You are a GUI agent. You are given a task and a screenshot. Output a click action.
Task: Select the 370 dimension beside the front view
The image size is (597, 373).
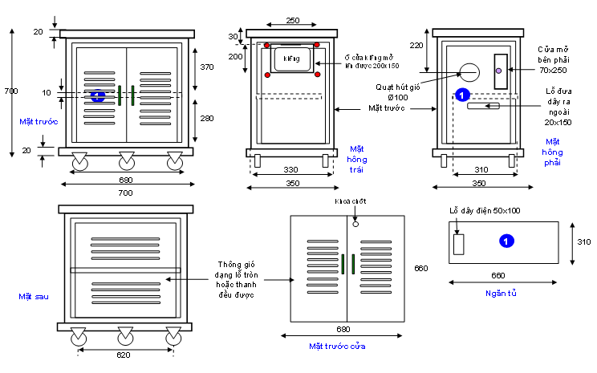point(207,67)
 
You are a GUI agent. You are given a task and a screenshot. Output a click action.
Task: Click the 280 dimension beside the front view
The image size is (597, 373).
point(207,119)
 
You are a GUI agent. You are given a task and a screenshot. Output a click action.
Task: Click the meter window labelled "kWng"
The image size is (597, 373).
point(291,59)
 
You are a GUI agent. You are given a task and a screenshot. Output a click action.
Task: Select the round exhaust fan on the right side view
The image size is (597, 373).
point(468,72)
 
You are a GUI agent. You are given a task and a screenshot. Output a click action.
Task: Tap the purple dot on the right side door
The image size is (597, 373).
point(499,71)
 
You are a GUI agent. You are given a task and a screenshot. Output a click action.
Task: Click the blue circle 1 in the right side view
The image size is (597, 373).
point(461,95)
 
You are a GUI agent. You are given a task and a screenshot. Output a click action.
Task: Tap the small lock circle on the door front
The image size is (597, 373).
point(355,224)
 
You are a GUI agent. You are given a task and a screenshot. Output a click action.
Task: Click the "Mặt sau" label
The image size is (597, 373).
point(33,297)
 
